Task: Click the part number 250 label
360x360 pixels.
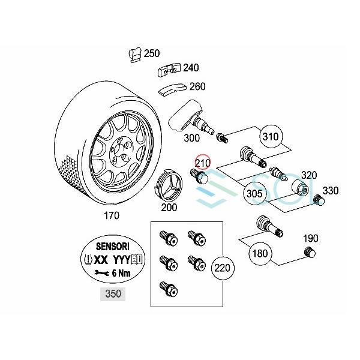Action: pos(152,53)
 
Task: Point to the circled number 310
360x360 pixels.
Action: pos(271,137)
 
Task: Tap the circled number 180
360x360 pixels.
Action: pos(260,253)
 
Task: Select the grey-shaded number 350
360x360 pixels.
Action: pos(112,294)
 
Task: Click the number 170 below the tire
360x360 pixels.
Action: pos(112,215)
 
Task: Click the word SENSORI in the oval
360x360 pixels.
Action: pos(112,246)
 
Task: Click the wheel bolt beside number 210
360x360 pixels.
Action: pos(199,176)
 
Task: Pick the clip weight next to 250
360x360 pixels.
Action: pos(134,55)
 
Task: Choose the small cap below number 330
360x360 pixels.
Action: pos(320,200)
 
